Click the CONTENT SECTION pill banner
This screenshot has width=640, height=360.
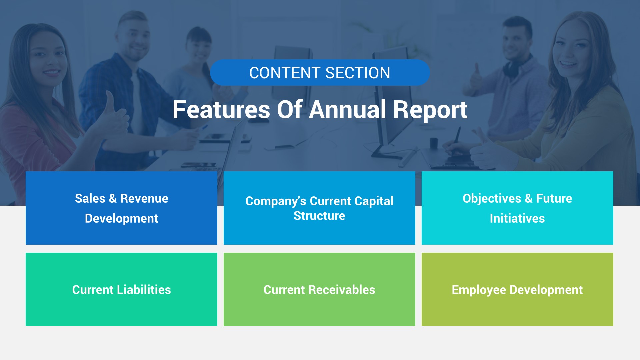click(320, 73)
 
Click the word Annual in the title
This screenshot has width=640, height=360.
click(347, 110)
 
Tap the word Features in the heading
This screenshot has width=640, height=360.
click(221, 110)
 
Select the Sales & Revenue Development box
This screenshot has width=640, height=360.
click(121, 208)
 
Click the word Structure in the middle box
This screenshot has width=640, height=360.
click(319, 216)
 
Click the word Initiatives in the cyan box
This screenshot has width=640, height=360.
click(517, 219)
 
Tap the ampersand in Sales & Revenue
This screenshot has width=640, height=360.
click(113, 199)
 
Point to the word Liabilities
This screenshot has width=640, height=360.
click(144, 290)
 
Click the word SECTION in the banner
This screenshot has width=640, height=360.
click(357, 73)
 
